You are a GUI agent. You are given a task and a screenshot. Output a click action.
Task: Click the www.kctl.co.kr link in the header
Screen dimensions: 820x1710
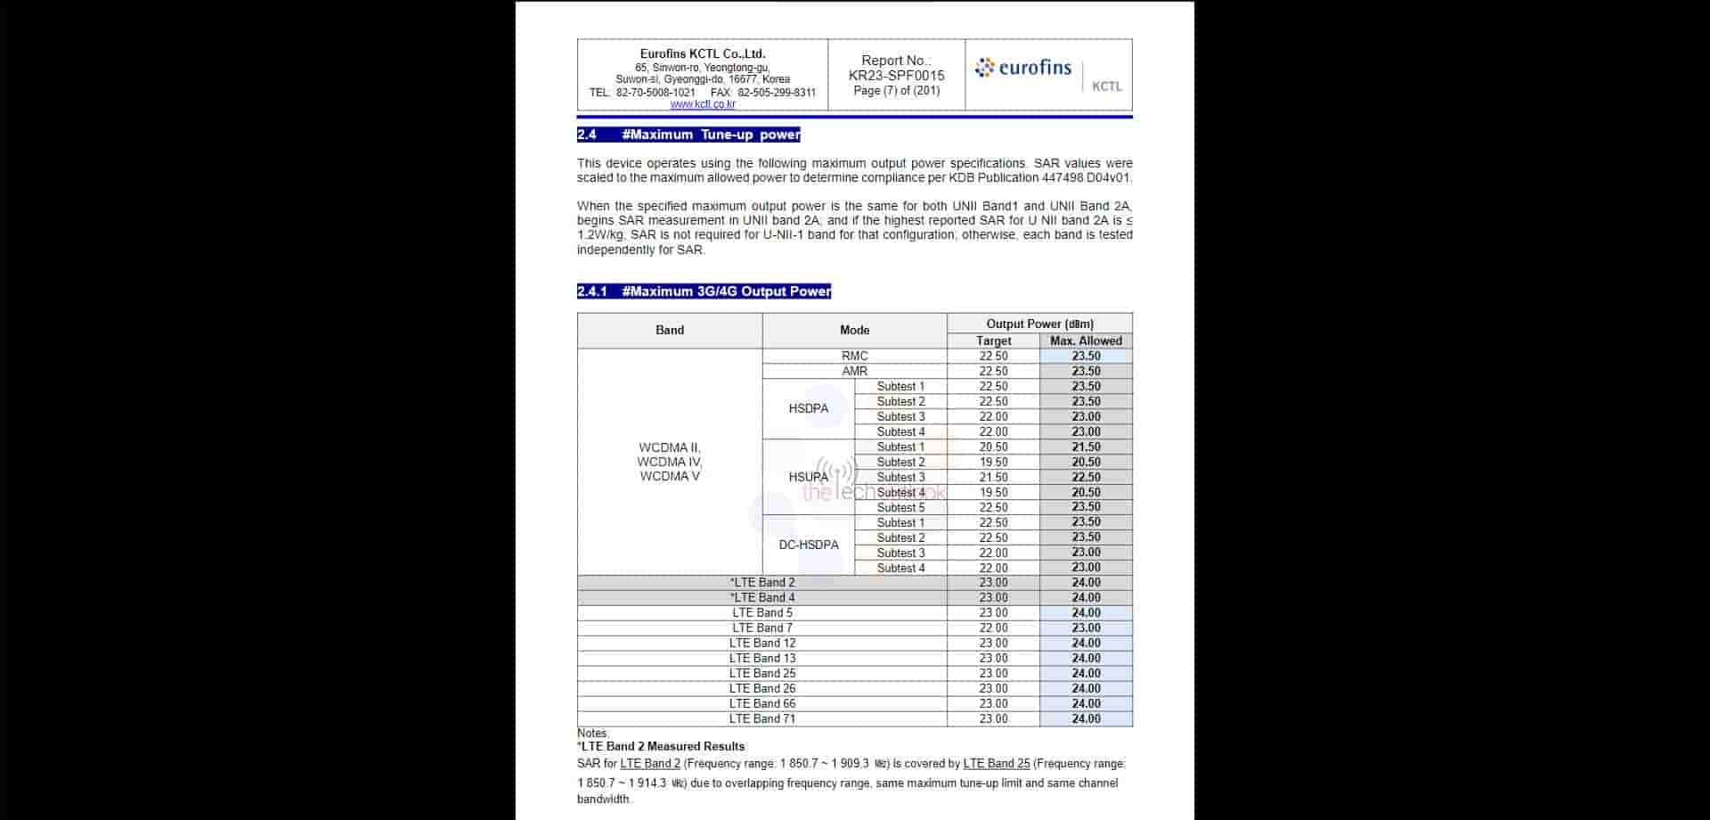(703, 104)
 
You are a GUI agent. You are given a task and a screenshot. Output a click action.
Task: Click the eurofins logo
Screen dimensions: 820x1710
(1023, 68)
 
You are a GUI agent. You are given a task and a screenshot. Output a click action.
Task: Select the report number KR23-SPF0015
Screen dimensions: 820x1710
(896, 76)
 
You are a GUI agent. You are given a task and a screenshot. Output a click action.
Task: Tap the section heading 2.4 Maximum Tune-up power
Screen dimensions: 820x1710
(688, 135)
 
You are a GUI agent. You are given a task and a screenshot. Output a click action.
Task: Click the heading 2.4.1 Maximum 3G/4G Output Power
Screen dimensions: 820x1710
(704, 291)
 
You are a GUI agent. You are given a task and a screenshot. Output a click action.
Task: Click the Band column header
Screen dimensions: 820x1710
(670, 331)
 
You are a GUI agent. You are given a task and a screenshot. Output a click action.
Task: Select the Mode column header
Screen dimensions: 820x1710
(854, 331)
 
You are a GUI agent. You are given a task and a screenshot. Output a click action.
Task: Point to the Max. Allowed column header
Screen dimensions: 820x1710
(1086, 340)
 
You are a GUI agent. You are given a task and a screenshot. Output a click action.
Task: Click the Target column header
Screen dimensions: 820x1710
(993, 340)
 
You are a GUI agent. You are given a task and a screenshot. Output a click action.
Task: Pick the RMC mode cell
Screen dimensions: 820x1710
(854, 356)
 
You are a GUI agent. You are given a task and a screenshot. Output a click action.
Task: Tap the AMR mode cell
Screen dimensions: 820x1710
(854, 371)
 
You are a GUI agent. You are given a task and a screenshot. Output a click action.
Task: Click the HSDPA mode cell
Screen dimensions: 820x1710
(808, 409)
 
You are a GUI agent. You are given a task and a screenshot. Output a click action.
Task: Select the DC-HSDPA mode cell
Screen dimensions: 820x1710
(808, 545)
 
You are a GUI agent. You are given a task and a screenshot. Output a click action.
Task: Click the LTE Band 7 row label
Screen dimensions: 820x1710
(762, 627)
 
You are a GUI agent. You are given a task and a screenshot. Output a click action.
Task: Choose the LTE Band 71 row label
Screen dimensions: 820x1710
(762, 718)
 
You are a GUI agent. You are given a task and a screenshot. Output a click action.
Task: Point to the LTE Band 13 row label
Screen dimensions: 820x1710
(762, 658)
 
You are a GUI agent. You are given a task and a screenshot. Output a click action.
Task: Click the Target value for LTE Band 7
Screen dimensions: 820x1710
(993, 627)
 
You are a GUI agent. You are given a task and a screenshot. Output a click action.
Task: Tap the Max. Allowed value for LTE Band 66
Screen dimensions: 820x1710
(1086, 703)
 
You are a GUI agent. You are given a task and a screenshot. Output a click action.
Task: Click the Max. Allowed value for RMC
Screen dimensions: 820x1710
(1086, 356)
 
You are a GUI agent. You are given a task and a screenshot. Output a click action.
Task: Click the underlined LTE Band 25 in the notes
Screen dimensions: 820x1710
(997, 764)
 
